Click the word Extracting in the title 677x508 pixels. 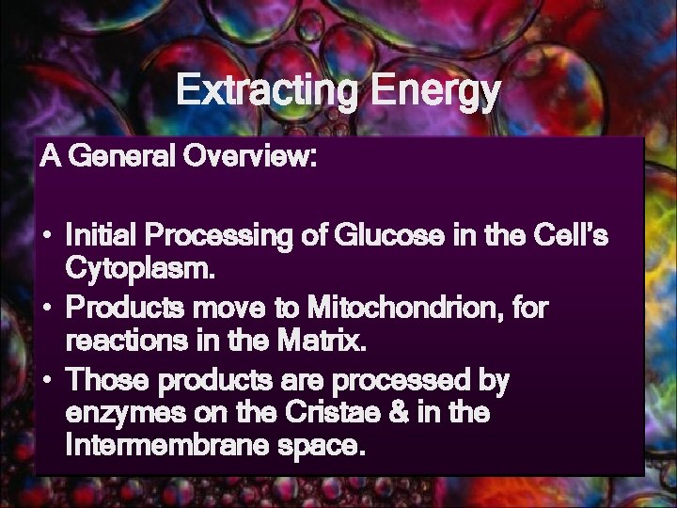(x=269, y=91)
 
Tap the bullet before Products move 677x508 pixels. (x=46, y=308)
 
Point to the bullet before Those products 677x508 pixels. (x=46, y=383)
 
